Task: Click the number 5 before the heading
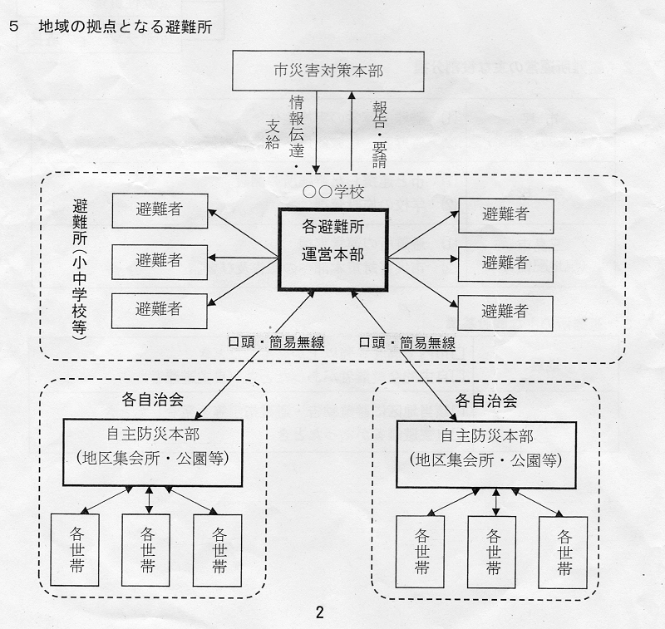coord(13,27)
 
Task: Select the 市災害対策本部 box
coord(328,71)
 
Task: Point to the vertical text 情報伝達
coord(297,127)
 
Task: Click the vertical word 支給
coord(273,134)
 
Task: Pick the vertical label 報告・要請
coord(380,135)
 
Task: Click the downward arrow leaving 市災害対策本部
coord(317,132)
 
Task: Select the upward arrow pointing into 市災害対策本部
coord(351,131)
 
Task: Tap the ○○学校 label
coord(334,192)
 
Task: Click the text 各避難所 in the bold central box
coord(333,226)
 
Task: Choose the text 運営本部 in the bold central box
coord(333,254)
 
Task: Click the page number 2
coord(320,612)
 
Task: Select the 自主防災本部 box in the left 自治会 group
coord(153,453)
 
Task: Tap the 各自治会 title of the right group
coord(486,400)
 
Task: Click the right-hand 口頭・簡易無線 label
coord(407,342)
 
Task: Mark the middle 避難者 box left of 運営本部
coord(160,262)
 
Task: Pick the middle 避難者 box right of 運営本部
coord(505,264)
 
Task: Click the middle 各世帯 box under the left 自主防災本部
coord(146,550)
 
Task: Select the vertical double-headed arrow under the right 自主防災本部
coord(495,502)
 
